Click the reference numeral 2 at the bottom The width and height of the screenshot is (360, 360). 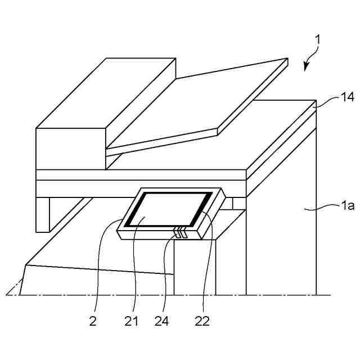[93, 321]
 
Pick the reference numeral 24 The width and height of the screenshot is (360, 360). [161, 321]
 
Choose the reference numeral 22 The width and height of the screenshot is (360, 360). [202, 321]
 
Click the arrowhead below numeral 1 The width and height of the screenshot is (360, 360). [307, 66]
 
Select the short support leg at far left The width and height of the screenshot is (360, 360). [43, 214]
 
